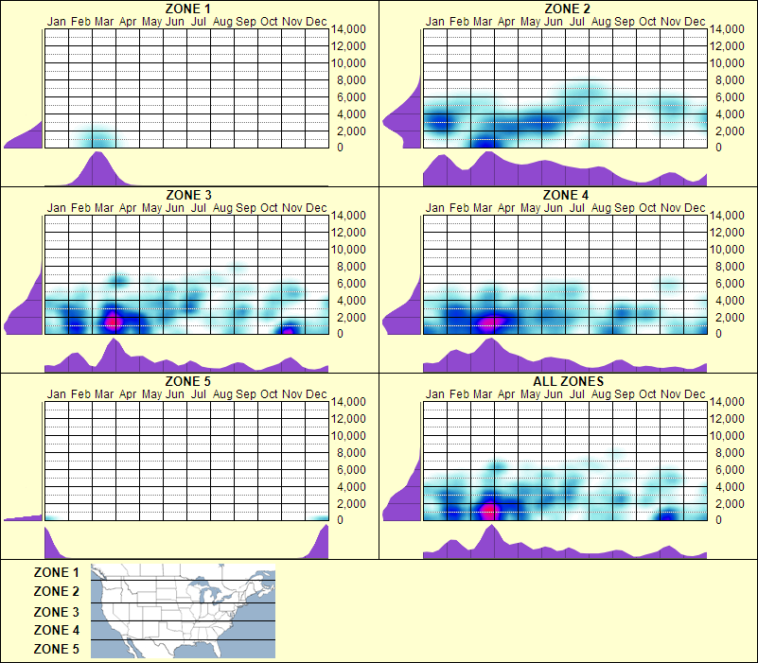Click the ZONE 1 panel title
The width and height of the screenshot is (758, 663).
(x=188, y=9)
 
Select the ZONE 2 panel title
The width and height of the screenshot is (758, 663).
(x=567, y=9)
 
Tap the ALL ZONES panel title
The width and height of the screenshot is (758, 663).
(x=567, y=381)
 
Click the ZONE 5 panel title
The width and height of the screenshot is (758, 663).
(x=188, y=381)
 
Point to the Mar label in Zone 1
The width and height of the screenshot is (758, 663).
(x=104, y=21)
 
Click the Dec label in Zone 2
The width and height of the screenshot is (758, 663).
(x=695, y=21)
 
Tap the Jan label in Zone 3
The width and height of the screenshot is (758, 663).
(x=57, y=207)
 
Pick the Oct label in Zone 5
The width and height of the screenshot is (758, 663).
(x=269, y=393)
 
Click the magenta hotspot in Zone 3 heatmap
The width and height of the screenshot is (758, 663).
(x=114, y=321)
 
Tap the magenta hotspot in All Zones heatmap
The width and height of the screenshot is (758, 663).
(x=489, y=512)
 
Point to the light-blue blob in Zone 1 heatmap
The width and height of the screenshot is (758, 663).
(x=99, y=139)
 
